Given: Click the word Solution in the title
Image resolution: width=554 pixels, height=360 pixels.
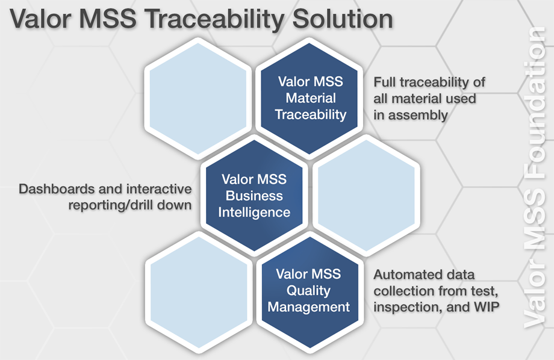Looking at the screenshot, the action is pos(343,19).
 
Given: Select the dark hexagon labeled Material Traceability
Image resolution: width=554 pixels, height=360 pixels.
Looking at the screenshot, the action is pos(310,98).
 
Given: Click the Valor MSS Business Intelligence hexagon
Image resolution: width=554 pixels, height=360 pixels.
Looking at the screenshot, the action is pos(254,196).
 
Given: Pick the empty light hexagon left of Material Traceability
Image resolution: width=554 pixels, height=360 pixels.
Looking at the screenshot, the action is pos(198,98).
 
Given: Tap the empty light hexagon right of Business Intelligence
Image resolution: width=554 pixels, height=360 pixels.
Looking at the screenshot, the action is pos(366,196).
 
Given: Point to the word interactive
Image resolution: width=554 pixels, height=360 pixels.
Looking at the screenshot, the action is pos(158,189).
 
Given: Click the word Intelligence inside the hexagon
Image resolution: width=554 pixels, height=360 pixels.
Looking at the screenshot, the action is pos(254,213).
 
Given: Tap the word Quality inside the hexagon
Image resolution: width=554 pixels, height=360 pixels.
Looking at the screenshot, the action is pos(308,291).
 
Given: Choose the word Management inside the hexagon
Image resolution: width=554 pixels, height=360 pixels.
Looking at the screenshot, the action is pos(308,307).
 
